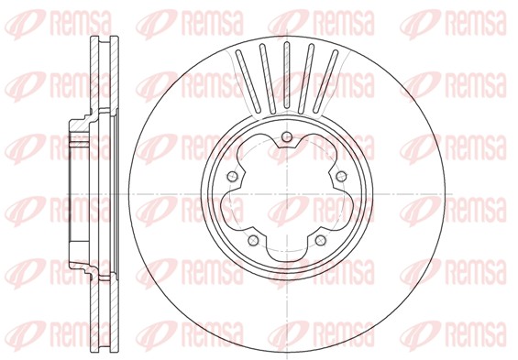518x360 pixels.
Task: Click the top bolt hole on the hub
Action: (x=285, y=138)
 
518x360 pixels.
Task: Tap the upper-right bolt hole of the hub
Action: (x=340, y=176)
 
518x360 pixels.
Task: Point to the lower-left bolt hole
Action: (x=250, y=241)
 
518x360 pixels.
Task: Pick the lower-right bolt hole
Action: (x=319, y=241)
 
